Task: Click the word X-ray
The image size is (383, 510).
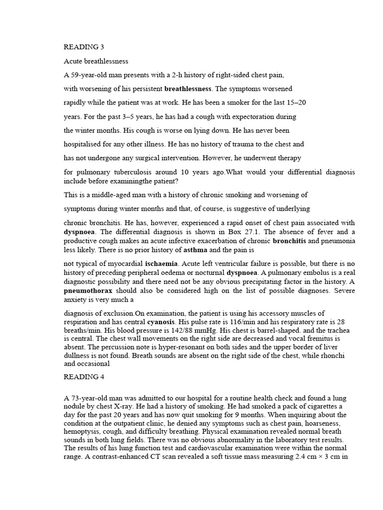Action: pyautogui.click(x=124, y=406)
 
